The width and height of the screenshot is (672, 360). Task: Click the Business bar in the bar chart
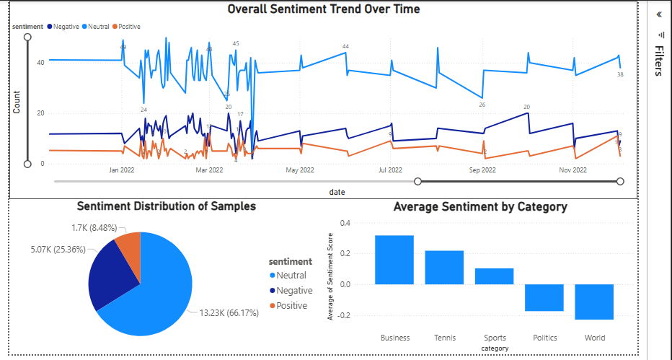(394, 260)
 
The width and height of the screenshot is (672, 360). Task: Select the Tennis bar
(444, 268)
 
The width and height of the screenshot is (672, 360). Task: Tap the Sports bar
(494, 276)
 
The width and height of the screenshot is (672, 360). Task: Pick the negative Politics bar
(544, 297)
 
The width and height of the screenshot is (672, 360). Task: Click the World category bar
(594, 302)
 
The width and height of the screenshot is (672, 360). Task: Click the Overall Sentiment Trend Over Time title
(324, 9)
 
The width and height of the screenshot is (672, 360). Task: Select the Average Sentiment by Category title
(480, 207)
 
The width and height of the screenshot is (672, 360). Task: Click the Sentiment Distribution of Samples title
(166, 206)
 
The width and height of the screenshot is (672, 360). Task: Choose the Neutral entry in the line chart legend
(97, 26)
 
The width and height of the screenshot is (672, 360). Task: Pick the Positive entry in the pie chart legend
(291, 306)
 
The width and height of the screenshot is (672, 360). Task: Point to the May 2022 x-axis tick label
(300, 170)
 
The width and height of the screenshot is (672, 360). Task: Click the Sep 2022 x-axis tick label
(482, 170)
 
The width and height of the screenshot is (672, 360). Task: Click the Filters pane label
(659, 61)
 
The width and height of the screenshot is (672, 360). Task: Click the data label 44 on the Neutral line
(345, 46)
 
